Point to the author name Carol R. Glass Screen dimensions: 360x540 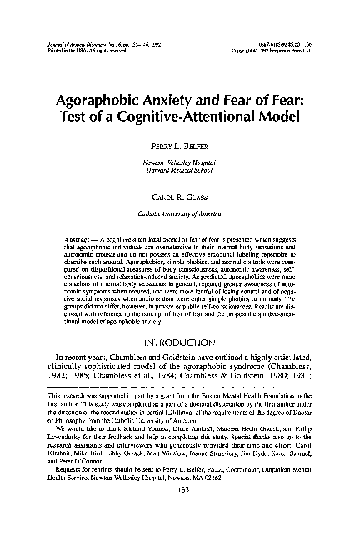[x=179, y=201]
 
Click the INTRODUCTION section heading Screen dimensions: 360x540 [x=180, y=342]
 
